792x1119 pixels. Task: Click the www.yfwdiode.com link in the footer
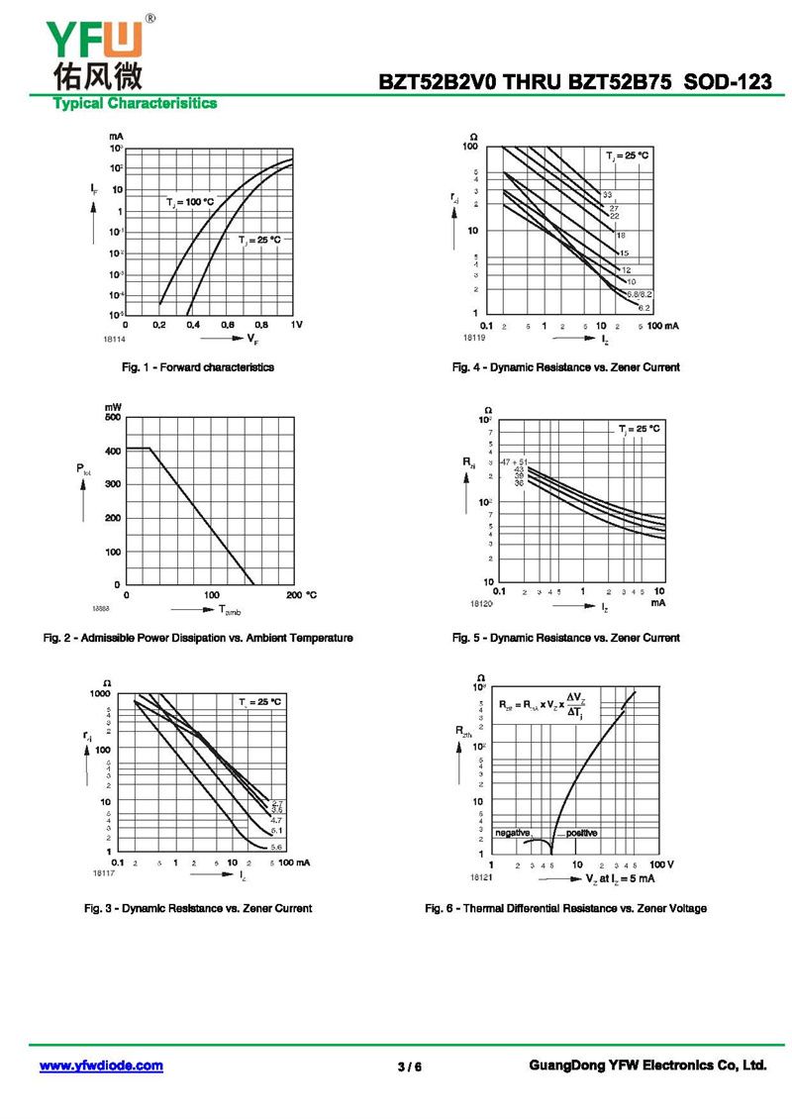point(101,1066)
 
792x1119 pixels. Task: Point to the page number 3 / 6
point(409,1067)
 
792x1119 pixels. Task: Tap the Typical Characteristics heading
point(135,103)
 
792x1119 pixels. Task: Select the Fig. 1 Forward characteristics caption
point(198,367)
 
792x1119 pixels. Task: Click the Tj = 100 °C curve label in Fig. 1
point(190,202)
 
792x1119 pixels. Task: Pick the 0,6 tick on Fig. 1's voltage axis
point(228,325)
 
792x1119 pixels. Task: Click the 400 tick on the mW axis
point(114,451)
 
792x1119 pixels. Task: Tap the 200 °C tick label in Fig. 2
point(300,594)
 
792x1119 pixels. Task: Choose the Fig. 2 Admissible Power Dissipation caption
point(198,638)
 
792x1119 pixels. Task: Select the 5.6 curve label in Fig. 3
point(277,847)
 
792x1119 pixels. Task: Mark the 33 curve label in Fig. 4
point(608,195)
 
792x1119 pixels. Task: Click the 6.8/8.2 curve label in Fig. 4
point(640,295)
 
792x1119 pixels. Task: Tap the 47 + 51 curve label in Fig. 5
point(514,462)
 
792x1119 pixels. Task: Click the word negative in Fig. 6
point(513,833)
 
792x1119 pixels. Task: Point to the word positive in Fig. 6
point(581,833)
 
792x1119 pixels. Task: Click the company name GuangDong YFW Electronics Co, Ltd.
point(648,1066)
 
